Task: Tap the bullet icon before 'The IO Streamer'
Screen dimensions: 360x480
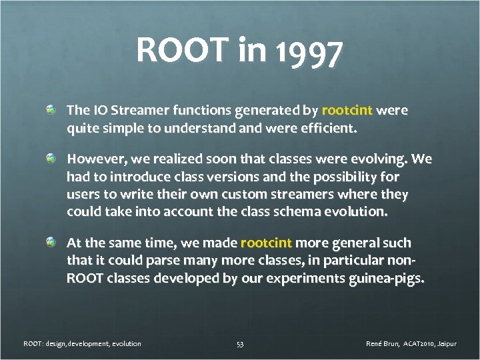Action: (x=51, y=109)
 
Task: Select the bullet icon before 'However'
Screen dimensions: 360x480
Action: (x=51, y=159)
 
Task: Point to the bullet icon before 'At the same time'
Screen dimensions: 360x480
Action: (x=51, y=242)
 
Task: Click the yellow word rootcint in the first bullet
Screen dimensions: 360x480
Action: (x=347, y=109)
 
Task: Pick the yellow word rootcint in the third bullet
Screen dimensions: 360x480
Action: (x=266, y=243)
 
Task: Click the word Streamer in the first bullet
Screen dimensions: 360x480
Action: (x=135, y=109)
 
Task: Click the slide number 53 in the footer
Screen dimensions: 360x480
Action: (x=240, y=344)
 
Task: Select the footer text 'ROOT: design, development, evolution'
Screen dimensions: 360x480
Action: (x=83, y=344)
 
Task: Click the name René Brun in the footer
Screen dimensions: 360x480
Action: (x=383, y=344)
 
